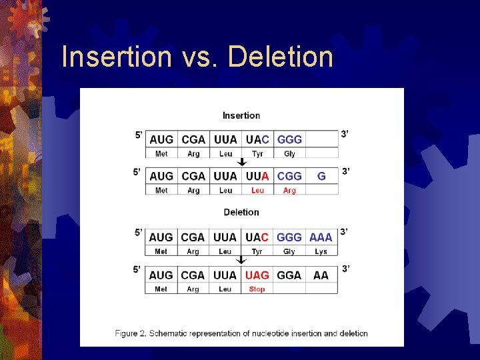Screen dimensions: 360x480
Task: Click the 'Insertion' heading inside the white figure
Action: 241,115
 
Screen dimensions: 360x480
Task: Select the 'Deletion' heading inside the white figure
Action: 241,212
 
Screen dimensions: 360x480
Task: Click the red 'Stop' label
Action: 257,289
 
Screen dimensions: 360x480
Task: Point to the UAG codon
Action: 257,275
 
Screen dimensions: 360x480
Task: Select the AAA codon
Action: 321,237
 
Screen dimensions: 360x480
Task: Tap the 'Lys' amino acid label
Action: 321,251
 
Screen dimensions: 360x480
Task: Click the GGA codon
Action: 289,275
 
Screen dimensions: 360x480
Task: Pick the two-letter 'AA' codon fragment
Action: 321,275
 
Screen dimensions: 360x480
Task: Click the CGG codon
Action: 289,176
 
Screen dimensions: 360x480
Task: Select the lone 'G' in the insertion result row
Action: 321,176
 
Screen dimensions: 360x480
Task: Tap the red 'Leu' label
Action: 257,191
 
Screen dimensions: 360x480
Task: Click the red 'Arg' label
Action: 289,191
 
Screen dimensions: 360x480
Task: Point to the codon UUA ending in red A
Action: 257,176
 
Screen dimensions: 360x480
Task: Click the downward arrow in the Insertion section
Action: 242,162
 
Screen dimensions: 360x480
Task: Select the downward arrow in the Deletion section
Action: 242,260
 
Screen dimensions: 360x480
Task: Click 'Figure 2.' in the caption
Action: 132,333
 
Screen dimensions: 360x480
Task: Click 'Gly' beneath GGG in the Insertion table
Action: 289,154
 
